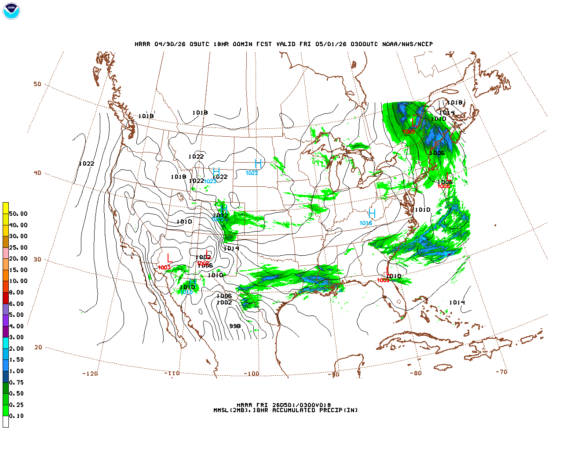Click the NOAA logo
[x=11, y=11]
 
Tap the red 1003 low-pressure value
[x=164, y=268]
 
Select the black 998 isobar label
[x=235, y=326]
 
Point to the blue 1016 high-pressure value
[x=366, y=223]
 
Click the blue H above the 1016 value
[x=372, y=214]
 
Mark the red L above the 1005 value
[x=415, y=123]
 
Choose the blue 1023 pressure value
[x=210, y=181]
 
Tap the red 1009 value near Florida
[x=383, y=280]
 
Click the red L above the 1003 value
[x=170, y=258]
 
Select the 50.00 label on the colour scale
[x=18, y=214]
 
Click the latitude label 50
[x=37, y=84]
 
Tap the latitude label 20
[x=38, y=347]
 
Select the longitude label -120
[x=90, y=374]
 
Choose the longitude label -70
[x=501, y=372]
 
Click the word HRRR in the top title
[x=143, y=44]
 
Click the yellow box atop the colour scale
[x=6, y=208]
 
